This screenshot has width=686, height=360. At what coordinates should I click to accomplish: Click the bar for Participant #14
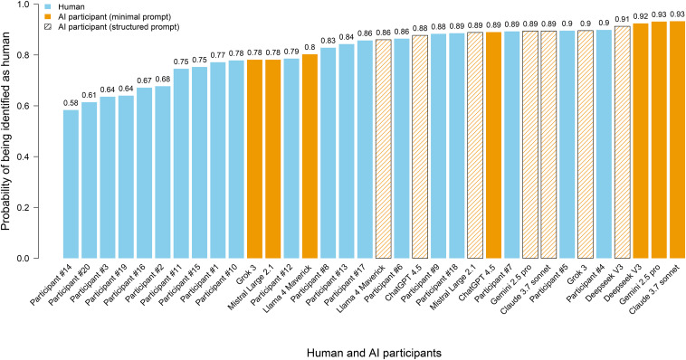[71, 185]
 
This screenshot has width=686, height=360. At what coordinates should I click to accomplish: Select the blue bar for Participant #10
[236, 159]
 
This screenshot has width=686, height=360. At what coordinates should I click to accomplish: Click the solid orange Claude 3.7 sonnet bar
[677, 140]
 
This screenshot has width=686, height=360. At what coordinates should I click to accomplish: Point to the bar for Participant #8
[329, 153]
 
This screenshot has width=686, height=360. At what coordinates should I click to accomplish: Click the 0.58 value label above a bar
[71, 104]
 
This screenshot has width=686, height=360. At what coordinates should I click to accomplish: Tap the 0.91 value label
[622, 20]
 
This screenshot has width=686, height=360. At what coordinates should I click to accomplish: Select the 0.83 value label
[329, 41]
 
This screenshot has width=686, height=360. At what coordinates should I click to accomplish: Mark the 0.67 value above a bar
[145, 81]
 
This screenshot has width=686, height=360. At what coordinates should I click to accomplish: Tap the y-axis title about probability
[6, 131]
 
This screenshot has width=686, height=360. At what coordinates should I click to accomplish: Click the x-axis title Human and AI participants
[374, 353]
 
